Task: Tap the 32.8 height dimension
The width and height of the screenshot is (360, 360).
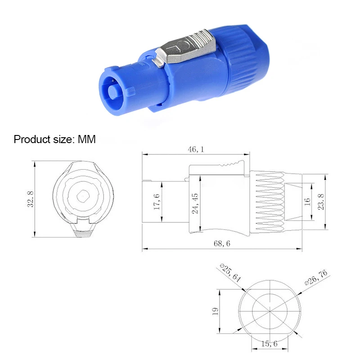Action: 30,198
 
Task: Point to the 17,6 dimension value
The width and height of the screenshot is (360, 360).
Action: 157,201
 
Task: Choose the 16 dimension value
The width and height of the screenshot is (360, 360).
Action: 308,202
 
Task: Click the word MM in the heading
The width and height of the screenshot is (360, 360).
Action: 87,139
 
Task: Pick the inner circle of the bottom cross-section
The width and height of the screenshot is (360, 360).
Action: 269,310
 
